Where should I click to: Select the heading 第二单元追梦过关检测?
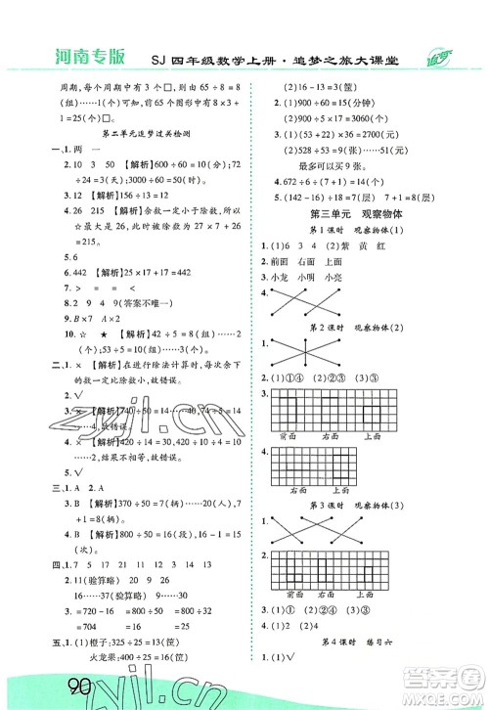pyautogui.click(x=125, y=130)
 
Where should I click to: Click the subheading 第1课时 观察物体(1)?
pyautogui.click(x=344, y=229)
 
